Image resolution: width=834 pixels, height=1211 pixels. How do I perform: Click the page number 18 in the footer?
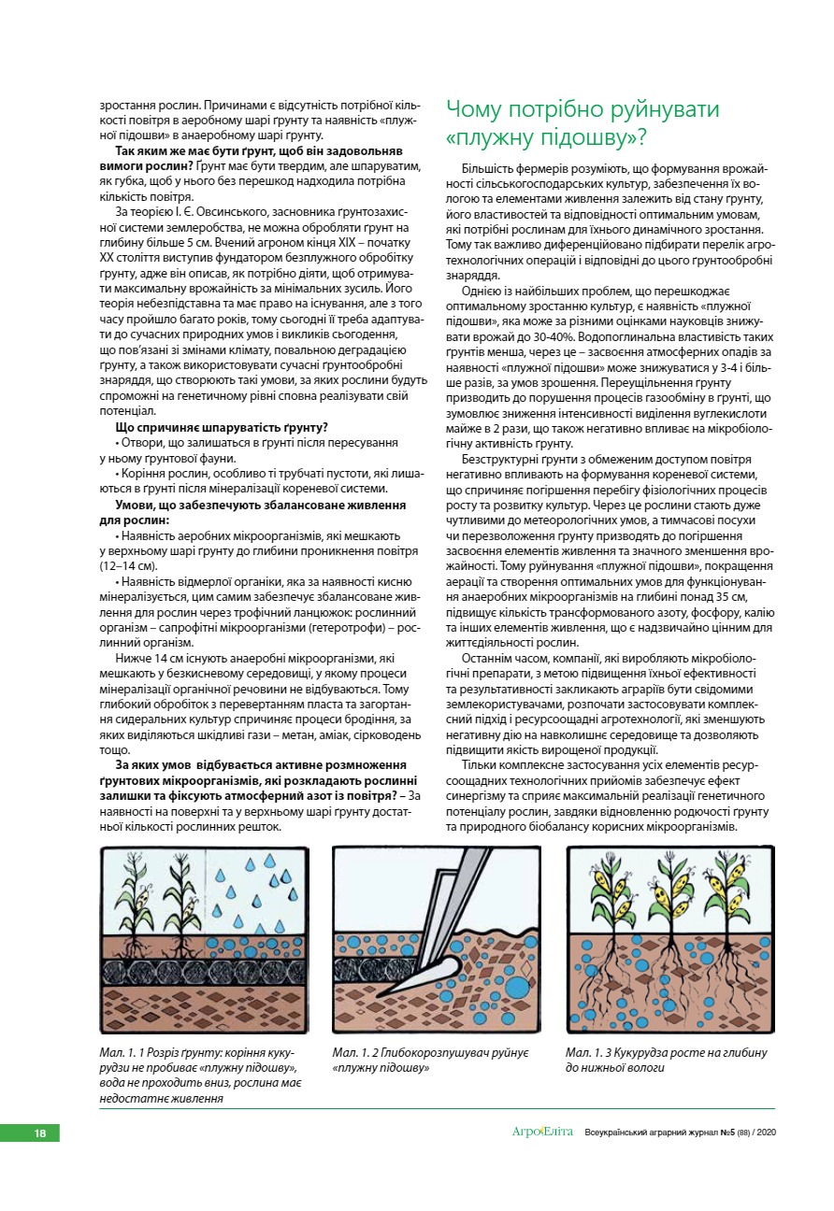click(40, 1133)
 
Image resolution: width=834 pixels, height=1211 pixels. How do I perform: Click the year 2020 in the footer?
click(765, 1133)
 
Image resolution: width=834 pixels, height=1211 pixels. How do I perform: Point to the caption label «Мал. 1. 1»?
click(127, 1053)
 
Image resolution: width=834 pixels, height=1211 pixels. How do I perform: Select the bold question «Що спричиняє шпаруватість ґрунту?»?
click(221, 426)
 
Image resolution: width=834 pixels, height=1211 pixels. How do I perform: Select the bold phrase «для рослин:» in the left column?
click(135, 519)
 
